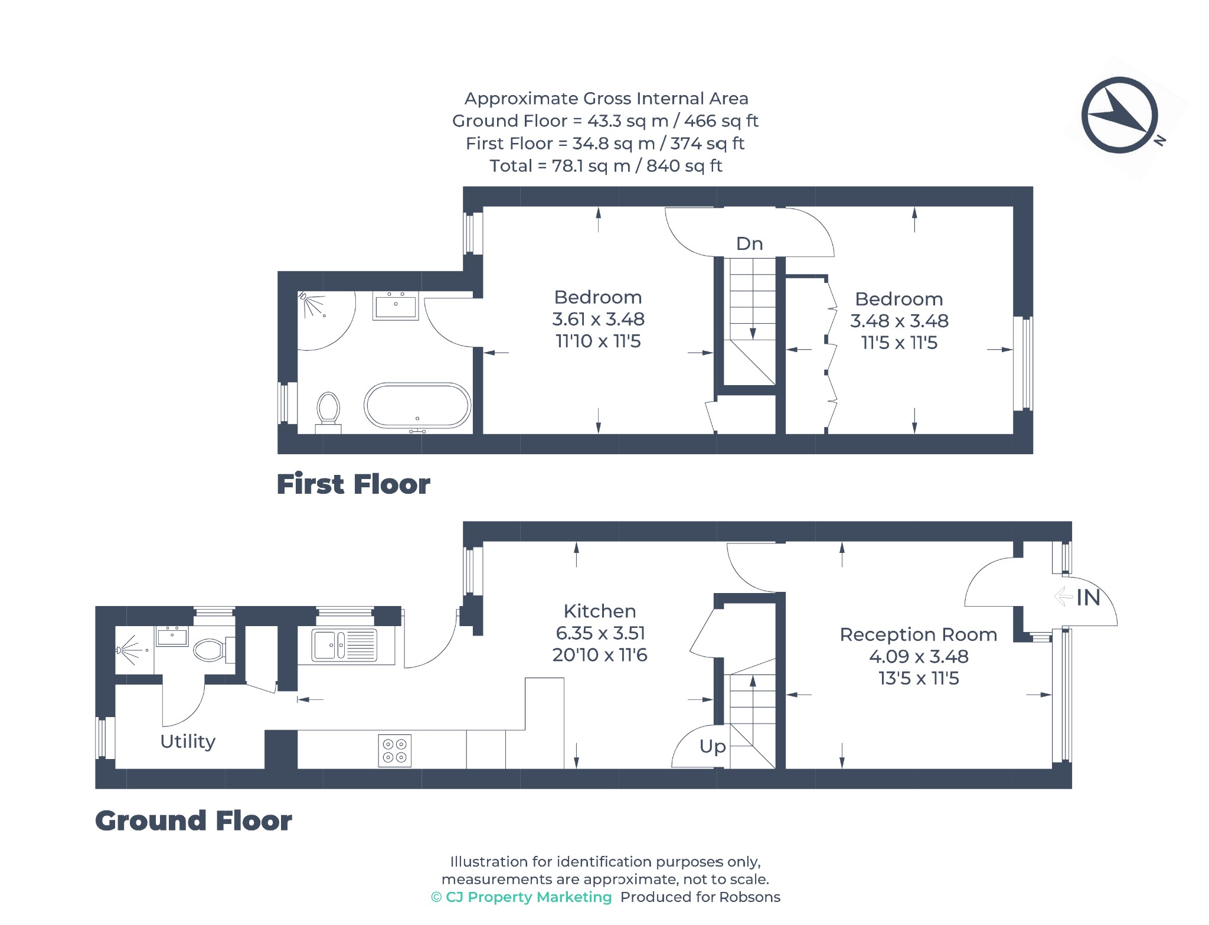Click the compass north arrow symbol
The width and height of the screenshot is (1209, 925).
[1120, 115]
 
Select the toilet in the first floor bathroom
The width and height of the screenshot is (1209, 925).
[328, 412]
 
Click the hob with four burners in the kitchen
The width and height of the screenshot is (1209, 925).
[395, 751]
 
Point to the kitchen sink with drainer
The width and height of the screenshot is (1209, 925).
[345, 644]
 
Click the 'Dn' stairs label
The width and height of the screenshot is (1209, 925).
[749, 243]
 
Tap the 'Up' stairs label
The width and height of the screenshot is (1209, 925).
[713, 747]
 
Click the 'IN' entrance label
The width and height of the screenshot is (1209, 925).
[1088, 598]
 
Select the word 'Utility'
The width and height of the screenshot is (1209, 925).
[188, 741]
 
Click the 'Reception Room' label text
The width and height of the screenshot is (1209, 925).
[919, 634]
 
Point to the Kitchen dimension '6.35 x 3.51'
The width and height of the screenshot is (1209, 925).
[600, 633]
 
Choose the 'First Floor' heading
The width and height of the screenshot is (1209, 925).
[354, 484]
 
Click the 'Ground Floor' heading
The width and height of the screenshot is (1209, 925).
[194, 820]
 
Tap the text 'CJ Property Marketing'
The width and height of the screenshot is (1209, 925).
[528, 897]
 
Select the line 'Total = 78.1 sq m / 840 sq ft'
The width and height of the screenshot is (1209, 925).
[606, 166]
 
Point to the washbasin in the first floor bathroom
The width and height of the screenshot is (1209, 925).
[396, 306]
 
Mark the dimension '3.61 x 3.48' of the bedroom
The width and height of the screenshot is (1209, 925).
[598, 320]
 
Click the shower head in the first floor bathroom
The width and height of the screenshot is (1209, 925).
[303, 295]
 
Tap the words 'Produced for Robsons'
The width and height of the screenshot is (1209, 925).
[700, 897]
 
